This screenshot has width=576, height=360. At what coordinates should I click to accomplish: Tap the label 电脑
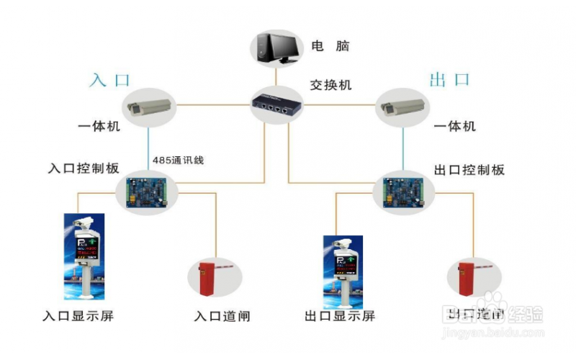(x=330, y=45)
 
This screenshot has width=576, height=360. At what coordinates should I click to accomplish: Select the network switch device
(x=276, y=105)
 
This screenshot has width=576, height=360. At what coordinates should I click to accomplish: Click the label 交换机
(x=330, y=85)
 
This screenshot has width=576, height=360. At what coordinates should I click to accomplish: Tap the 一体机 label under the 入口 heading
(x=99, y=127)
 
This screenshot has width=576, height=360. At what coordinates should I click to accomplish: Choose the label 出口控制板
(x=469, y=170)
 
